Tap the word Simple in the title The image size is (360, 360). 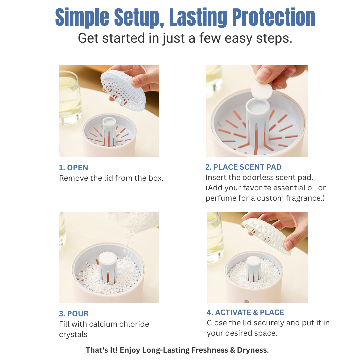pyautogui.click(x=82, y=17)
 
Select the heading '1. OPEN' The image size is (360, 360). pyautogui.click(x=73, y=168)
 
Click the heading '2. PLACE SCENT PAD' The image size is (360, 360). pyautogui.click(x=243, y=167)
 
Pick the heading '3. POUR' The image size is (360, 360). pyautogui.click(x=74, y=314)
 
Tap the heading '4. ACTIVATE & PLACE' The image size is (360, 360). pyautogui.click(x=245, y=312)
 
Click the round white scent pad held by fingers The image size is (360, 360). pyautogui.click(x=262, y=91)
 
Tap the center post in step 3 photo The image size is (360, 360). pyautogui.click(x=108, y=267)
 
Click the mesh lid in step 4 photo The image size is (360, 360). pyautogui.click(x=266, y=236)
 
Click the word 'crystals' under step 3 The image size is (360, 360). pyautogui.click(x=73, y=335)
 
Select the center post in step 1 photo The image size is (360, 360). pyautogui.click(x=109, y=131)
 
